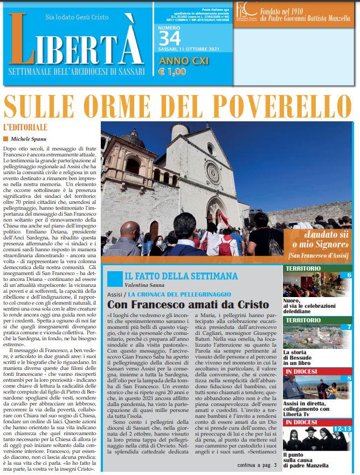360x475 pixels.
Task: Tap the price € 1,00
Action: click(x=172, y=72)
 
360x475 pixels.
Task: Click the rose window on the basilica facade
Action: click(x=212, y=174)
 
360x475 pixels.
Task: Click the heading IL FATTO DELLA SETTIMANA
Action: click(x=181, y=276)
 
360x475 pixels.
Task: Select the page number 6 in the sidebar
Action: click(x=349, y=275)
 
